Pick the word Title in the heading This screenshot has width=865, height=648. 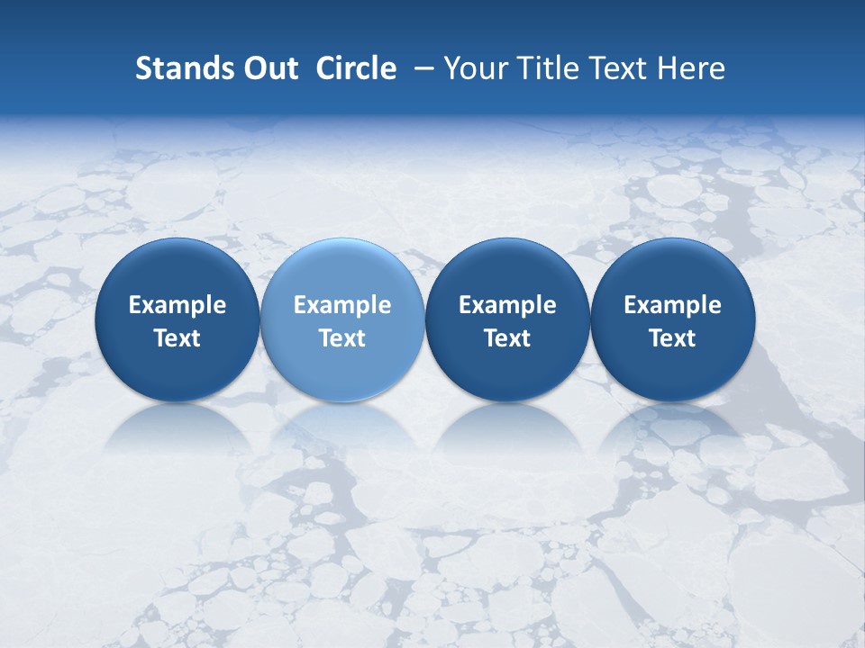click(542, 68)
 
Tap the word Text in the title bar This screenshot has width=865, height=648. click(613, 68)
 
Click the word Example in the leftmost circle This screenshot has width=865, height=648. click(178, 305)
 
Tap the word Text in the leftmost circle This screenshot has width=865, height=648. click(178, 338)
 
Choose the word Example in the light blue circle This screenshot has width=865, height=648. click(342, 305)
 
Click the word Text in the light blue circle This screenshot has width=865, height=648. click(342, 338)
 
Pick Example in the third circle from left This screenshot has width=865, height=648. click(507, 305)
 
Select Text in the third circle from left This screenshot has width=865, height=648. click(507, 338)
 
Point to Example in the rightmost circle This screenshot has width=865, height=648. click(672, 305)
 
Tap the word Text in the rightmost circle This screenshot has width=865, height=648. click(672, 338)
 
